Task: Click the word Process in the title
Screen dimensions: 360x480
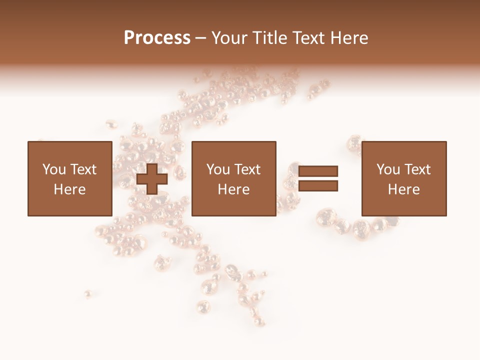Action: click(x=157, y=38)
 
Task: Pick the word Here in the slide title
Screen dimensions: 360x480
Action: click(x=350, y=38)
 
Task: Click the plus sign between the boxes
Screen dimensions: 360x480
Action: click(x=152, y=178)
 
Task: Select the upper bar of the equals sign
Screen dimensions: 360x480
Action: click(x=318, y=171)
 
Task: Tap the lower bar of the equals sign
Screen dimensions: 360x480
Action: click(x=318, y=186)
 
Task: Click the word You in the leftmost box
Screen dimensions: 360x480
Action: click(x=54, y=169)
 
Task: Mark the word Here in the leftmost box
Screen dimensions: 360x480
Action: click(x=69, y=189)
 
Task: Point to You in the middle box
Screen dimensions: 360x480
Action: click(x=218, y=169)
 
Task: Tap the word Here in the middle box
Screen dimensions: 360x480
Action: click(x=234, y=189)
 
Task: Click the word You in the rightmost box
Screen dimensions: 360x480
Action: click(x=388, y=169)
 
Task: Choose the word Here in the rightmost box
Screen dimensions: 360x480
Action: click(x=404, y=189)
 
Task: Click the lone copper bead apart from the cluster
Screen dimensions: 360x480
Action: click(x=88, y=293)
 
